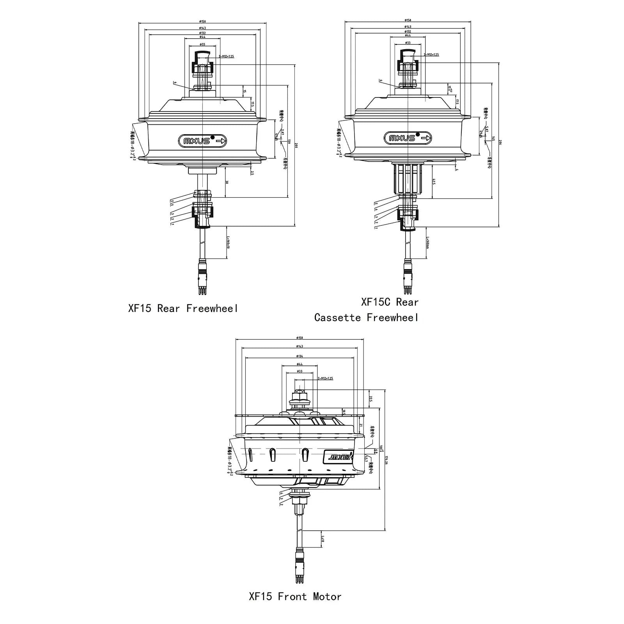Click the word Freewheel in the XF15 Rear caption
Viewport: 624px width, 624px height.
(x=212, y=308)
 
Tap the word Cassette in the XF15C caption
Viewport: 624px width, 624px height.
(x=337, y=317)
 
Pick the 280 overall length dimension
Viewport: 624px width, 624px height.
(x=296, y=145)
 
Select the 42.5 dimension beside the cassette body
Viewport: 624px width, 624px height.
(x=434, y=182)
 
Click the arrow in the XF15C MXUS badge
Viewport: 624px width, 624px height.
(x=426, y=138)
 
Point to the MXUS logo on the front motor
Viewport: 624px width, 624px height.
(x=338, y=457)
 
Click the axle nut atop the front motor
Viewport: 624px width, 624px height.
(x=300, y=397)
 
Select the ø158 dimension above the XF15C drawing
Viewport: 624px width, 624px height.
(x=408, y=20)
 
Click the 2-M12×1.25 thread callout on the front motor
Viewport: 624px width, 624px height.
(x=325, y=378)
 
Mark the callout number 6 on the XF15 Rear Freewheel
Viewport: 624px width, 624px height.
(x=175, y=83)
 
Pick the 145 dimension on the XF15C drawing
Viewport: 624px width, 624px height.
(x=493, y=138)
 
